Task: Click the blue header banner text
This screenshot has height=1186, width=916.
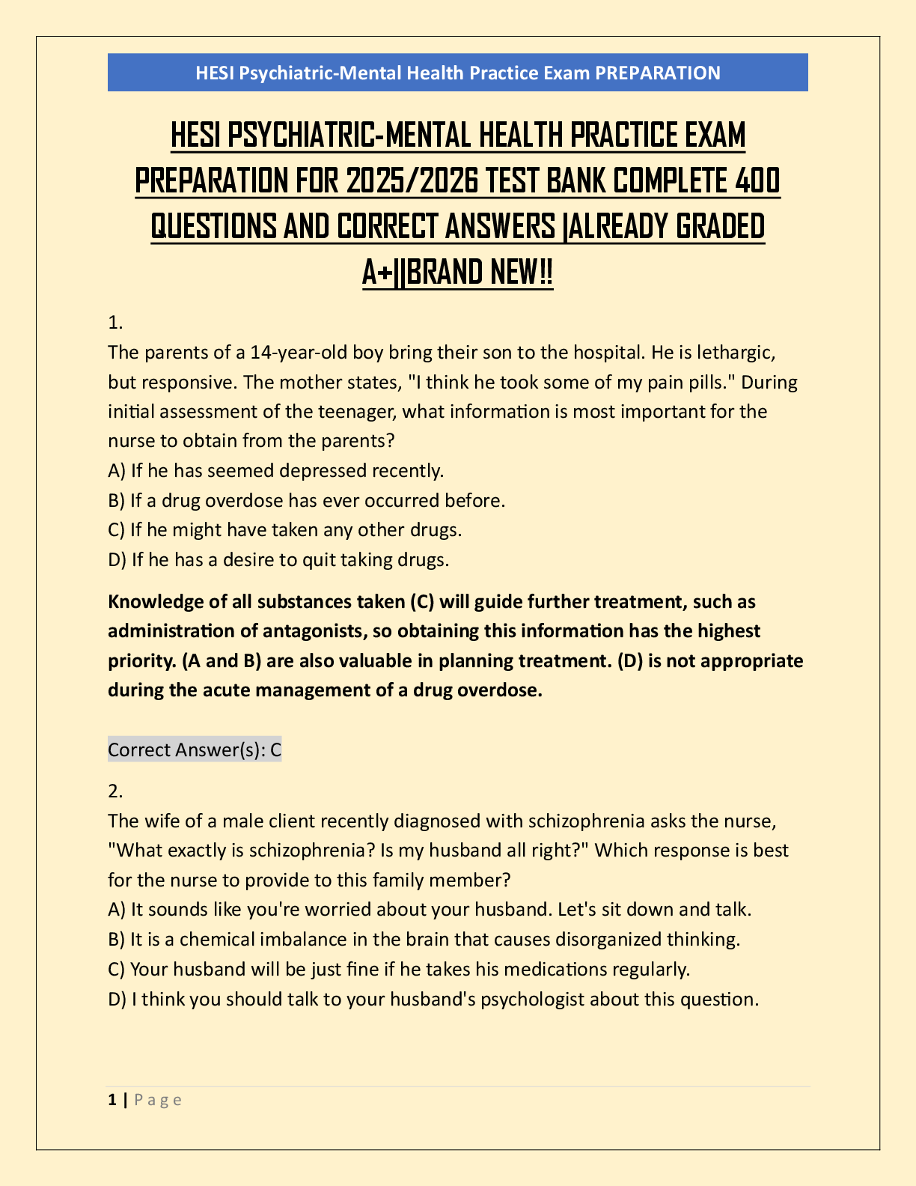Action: point(457,73)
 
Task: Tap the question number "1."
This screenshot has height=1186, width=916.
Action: point(115,323)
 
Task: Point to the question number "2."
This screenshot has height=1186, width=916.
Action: point(115,791)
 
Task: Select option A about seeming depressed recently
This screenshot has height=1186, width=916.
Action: point(276,470)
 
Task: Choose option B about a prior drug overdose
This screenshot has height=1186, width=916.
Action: point(307,500)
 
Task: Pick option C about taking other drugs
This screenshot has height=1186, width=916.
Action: point(285,529)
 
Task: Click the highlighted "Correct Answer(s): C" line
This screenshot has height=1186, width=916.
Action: point(195,749)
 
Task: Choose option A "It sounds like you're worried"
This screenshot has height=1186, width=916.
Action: point(430,909)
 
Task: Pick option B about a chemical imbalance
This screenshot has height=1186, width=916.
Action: point(424,939)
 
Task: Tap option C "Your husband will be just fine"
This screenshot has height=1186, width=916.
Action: point(399,969)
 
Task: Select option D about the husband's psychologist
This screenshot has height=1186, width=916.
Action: point(434,999)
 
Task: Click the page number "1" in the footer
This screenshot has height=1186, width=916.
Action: point(112,1099)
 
